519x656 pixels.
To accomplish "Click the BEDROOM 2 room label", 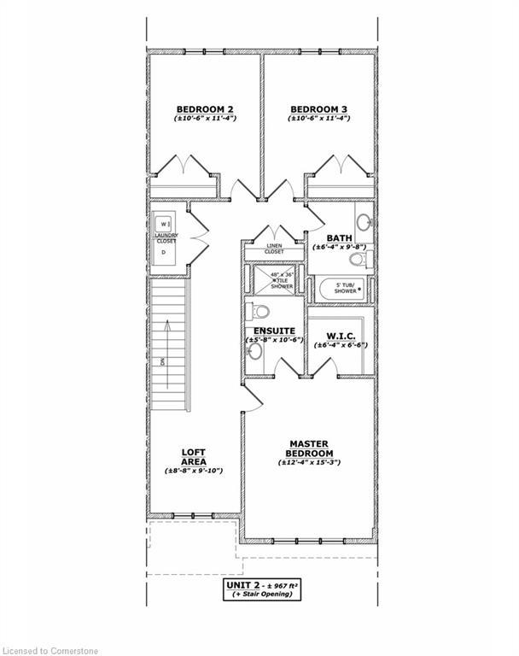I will click(x=205, y=108).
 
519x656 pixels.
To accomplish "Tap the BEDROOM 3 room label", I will click(x=318, y=108).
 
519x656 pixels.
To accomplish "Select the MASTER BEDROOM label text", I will click(x=310, y=448).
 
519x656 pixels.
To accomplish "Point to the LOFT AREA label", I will click(x=194, y=456).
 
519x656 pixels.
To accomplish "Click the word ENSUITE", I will click(x=274, y=331).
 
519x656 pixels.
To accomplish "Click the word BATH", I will click(x=339, y=238).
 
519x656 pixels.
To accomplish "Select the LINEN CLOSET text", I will click(x=274, y=249).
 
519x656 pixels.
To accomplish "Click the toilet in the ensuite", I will click(x=259, y=311).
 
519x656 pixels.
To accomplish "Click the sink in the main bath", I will click(x=364, y=224).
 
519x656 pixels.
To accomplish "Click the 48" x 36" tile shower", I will click(x=275, y=279).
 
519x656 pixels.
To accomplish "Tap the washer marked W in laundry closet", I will click(x=165, y=224).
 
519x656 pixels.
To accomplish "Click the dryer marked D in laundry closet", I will click(x=164, y=253).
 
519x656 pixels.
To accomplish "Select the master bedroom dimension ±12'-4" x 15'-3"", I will click(x=310, y=462).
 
